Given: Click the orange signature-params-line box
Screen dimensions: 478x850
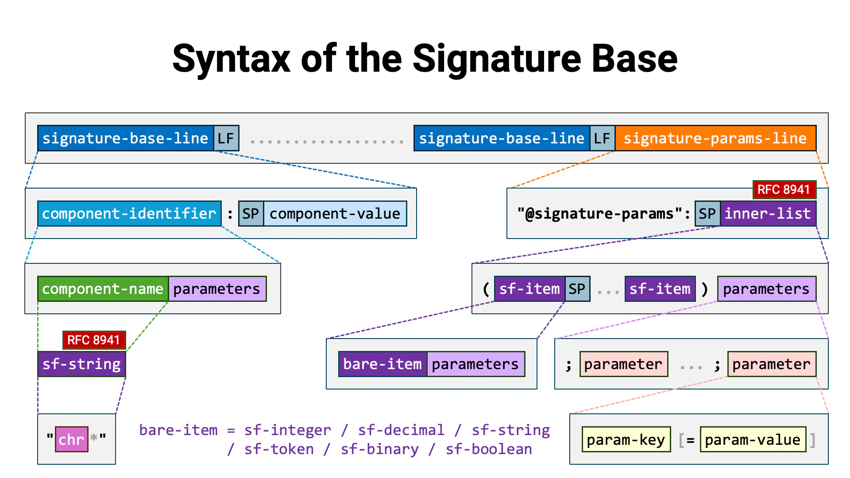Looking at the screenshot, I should point(715,139).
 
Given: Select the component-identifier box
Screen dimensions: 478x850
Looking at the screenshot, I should point(129,214).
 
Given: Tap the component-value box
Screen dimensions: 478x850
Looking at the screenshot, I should point(335,214).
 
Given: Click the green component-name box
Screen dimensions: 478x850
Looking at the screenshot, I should point(103,289).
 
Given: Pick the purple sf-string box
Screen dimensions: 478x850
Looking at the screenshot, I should point(81,364).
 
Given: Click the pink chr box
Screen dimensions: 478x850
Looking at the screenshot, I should point(71,439).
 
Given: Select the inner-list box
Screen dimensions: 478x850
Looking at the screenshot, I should point(768,214).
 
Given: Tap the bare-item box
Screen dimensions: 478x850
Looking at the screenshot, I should point(382,364).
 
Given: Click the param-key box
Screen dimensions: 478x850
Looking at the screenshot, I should point(626,439).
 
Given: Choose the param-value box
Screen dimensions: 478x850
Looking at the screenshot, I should point(753,439).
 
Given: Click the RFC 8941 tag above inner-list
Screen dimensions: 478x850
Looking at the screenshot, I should point(784,189).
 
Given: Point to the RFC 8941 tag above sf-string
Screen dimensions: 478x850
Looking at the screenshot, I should point(94,340).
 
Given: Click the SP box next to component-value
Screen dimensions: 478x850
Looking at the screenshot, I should point(251,214).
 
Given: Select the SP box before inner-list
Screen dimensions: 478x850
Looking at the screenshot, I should point(707,214).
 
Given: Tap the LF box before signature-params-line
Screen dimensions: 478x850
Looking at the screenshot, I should point(602,139).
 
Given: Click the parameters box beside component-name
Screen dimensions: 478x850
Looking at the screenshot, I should point(217,289).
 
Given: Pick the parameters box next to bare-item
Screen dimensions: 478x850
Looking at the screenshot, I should point(475,364).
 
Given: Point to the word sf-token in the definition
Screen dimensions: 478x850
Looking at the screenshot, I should point(279,449).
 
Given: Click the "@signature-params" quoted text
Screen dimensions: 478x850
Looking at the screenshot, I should point(599,214).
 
